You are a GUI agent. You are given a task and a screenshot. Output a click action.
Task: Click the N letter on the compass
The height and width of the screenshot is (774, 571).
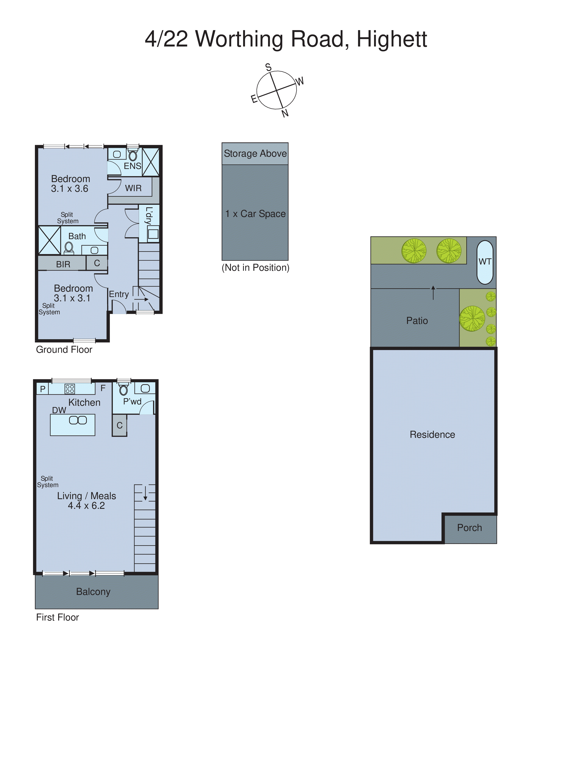tap(285, 113)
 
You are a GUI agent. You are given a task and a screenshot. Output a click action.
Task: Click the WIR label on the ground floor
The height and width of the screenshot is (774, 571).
tap(133, 188)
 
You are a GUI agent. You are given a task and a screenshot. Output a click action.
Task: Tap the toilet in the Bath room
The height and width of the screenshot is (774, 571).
tap(69, 247)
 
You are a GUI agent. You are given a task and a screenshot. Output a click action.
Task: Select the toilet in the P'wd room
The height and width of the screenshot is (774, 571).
tap(123, 390)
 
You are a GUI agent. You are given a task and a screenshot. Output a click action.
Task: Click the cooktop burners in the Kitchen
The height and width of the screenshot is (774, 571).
tap(70, 389)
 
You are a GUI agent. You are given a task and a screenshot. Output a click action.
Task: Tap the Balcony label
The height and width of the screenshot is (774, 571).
tap(93, 592)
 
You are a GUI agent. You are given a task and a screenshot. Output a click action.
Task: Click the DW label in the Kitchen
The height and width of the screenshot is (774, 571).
tap(59, 410)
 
